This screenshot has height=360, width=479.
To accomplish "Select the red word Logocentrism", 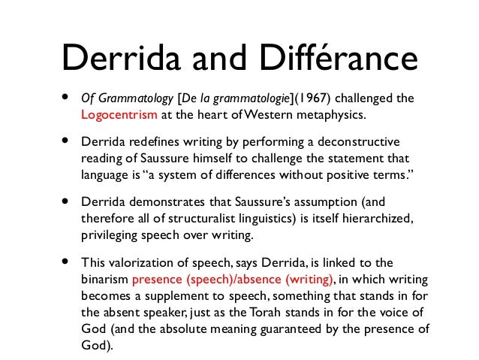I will (119, 115).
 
